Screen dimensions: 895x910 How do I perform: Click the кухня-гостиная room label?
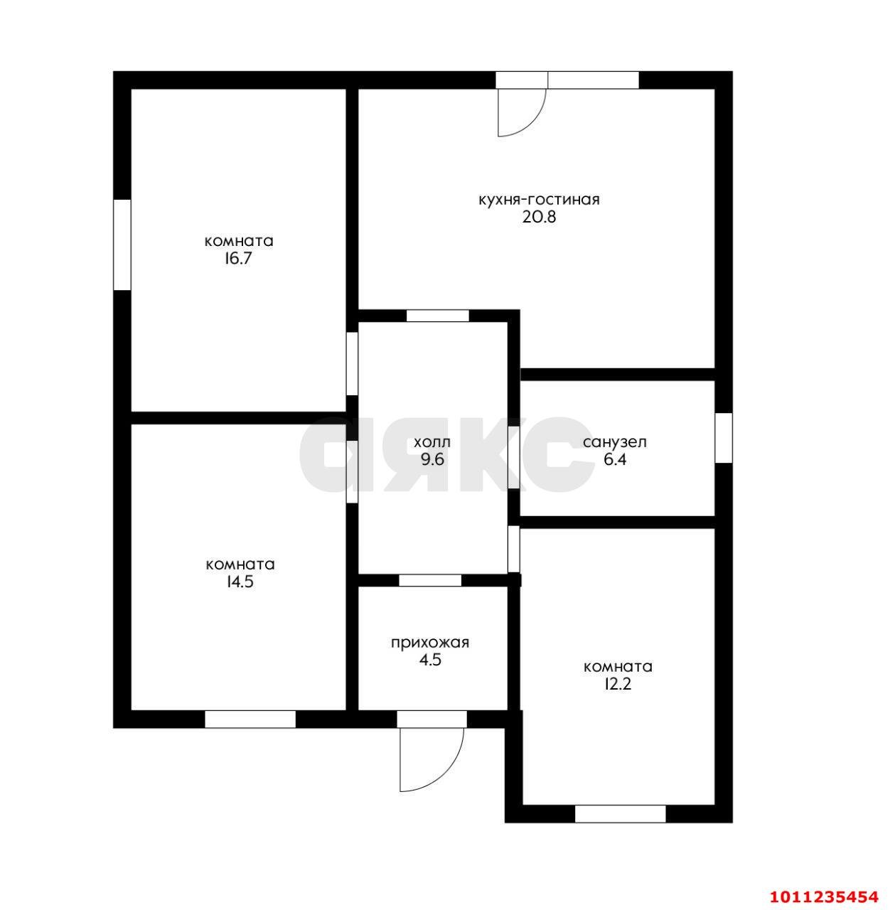[x=539, y=200]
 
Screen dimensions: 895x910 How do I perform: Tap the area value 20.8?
[x=539, y=218]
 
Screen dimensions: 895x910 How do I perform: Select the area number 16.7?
[x=239, y=259]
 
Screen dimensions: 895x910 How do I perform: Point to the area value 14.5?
[x=240, y=582]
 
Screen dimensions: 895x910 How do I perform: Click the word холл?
[x=432, y=442]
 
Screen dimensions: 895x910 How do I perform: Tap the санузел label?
[x=614, y=442]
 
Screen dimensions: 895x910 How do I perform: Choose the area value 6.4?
[x=615, y=459]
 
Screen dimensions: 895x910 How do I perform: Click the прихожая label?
[x=430, y=643]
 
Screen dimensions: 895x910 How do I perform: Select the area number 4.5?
[x=430, y=660]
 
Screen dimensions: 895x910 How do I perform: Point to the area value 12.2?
[x=618, y=684]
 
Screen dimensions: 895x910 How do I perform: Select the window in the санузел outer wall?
[x=724, y=438]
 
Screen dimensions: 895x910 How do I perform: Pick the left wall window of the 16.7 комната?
[x=122, y=245]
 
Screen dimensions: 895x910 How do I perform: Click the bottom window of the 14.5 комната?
[x=250, y=719]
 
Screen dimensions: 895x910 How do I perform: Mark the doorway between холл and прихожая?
[x=430, y=580]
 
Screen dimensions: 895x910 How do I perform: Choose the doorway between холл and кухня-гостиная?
[x=438, y=316]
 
